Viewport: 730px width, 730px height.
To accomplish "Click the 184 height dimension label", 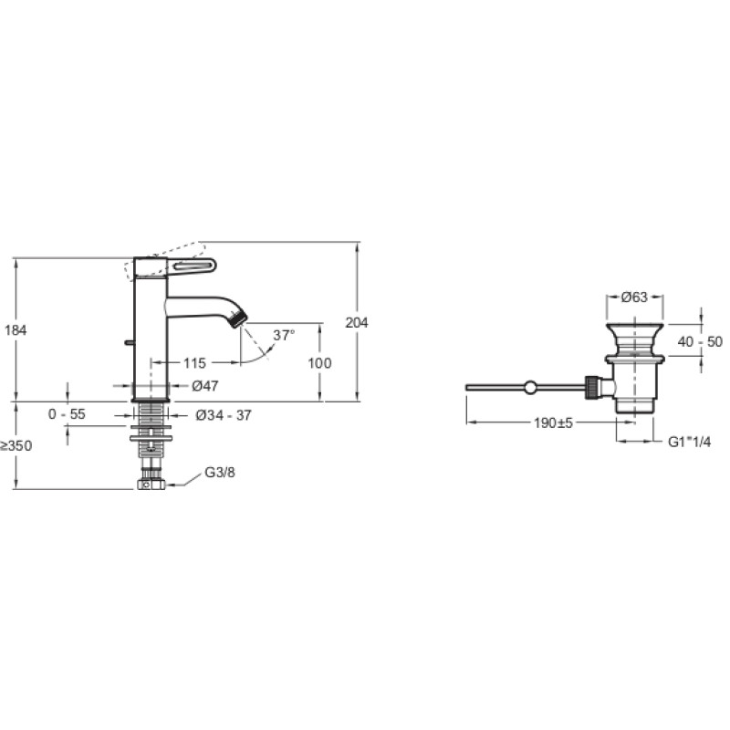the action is [x=16, y=330].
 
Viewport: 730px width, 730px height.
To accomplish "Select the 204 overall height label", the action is [x=357, y=322].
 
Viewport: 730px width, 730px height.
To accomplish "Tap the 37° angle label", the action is [x=284, y=335].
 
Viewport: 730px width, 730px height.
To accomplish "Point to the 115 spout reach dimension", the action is [x=194, y=362].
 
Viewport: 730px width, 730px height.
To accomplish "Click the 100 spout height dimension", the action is [x=320, y=362].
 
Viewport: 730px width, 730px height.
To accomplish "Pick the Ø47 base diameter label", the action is [x=205, y=385].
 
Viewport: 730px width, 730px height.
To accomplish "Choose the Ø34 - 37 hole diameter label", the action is [x=224, y=415].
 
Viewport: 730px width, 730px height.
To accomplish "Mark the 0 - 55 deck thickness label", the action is [x=67, y=414].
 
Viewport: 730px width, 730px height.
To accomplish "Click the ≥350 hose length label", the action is [x=16, y=446].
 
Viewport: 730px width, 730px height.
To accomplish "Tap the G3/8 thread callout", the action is [x=220, y=473].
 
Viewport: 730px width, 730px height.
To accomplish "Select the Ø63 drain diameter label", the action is [x=634, y=297].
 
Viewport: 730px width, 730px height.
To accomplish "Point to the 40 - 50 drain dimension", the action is [x=700, y=341].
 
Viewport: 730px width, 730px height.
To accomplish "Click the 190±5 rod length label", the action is [x=553, y=422].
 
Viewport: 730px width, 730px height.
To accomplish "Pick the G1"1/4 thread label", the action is [x=690, y=442].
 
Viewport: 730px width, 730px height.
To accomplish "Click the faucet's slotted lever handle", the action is [x=192, y=266].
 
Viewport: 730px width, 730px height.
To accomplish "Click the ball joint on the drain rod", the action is [x=530, y=387].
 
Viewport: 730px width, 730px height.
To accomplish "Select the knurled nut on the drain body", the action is [x=591, y=387].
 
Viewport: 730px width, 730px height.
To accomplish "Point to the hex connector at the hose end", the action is [x=151, y=485].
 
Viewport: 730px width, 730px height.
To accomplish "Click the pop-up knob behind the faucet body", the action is [x=130, y=343].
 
